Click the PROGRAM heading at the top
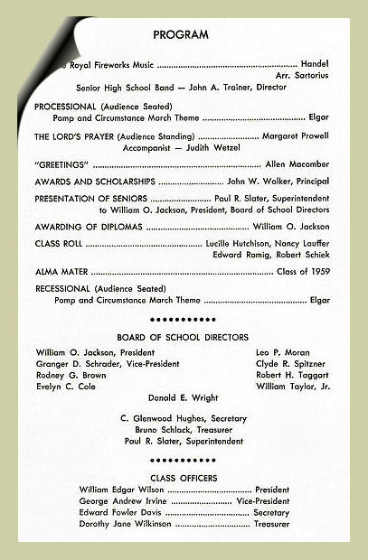click(181, 35)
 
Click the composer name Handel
click(315, 65)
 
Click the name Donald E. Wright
click(184, 397)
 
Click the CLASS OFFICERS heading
click(183, 478)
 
